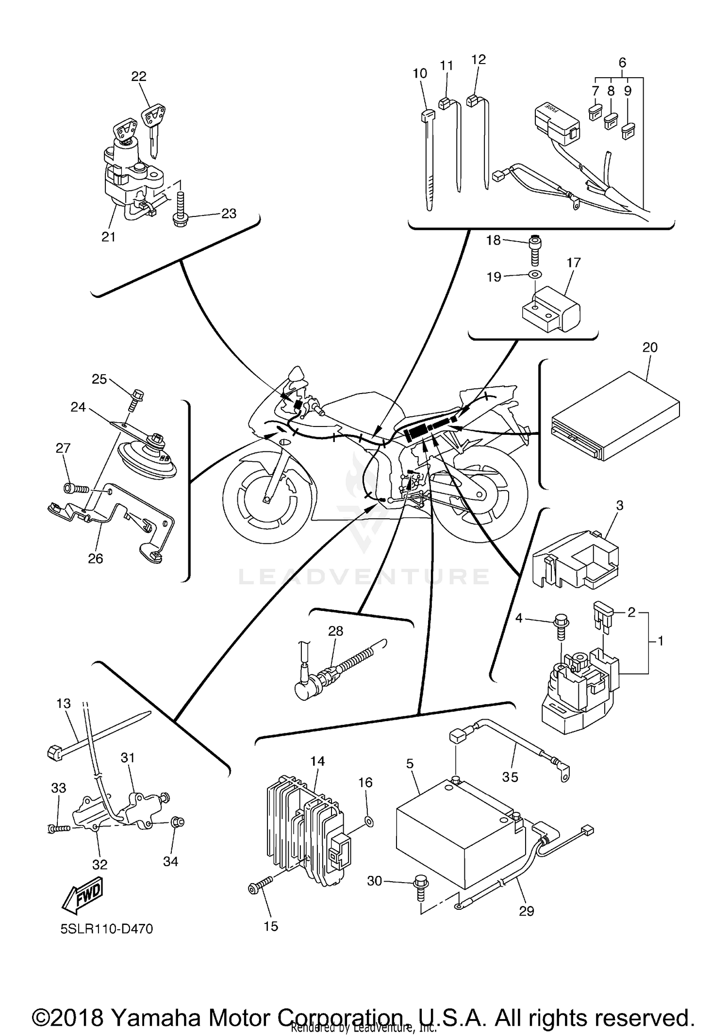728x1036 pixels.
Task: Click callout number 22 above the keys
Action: point(139,76)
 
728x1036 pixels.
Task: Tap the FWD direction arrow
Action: point(83,894)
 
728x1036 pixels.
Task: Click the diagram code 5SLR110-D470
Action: point(107,929)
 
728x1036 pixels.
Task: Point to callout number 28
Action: point(335,631)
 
